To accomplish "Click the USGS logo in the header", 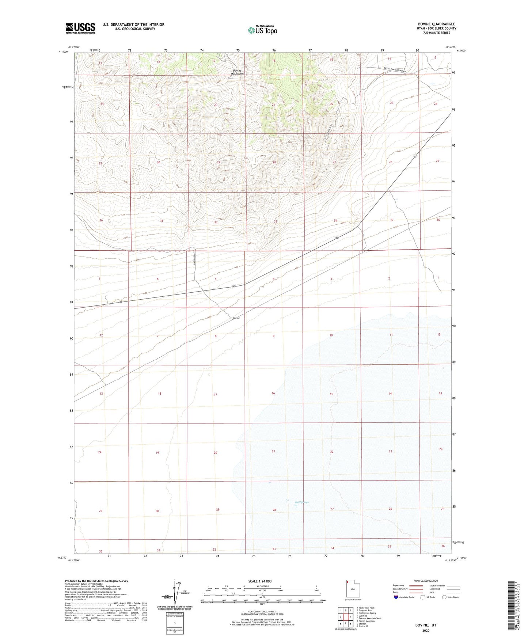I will (x=80, y=28).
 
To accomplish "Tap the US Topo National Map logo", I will (x=262, y=30).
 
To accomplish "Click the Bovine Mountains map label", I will (x=238, y=72).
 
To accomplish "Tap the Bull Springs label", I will (x=302, y=502).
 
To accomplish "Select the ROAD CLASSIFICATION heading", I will (x=425, y=581).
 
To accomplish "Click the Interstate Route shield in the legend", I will (x=396, y=597).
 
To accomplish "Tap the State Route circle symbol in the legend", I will (x=444, y=597).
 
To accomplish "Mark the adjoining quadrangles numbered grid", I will (x=345, y=618).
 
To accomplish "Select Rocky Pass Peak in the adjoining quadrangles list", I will (x=366, y=608).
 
